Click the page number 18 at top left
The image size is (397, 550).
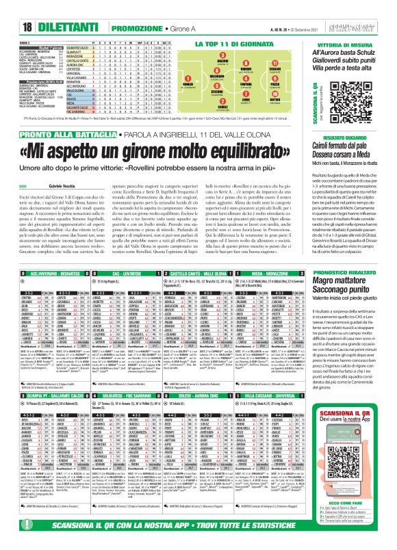[x=11, y=8]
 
